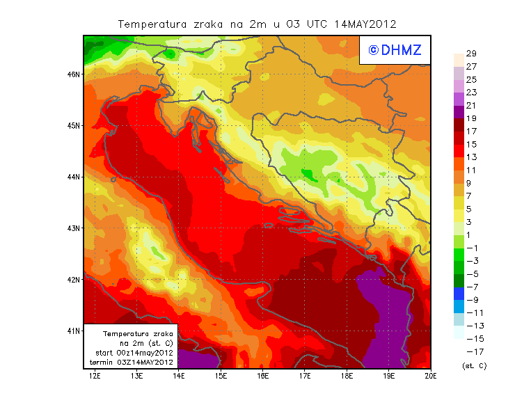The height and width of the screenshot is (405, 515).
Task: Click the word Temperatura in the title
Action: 152,24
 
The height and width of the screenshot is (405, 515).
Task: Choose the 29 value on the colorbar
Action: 471,54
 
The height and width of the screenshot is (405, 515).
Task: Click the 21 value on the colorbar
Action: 471,106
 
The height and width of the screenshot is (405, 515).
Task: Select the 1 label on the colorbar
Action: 469,235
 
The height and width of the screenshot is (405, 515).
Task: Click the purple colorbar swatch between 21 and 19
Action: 458,112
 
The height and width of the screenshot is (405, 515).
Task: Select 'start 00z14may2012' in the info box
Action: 134,353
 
